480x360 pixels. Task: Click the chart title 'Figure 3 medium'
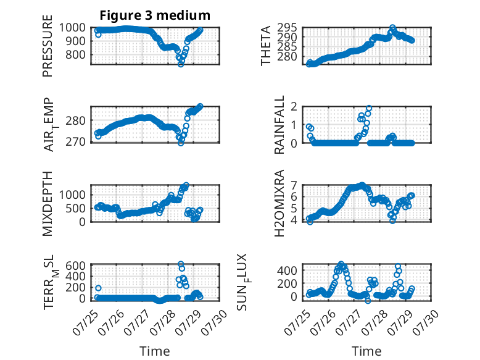[x=155, y=15]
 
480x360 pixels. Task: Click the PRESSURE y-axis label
[x=48, y=46]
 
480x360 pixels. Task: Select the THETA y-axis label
[x=266, y=46]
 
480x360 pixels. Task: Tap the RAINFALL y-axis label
[x=279, y=125]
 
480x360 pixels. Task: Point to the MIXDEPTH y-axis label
[x=48, y=204]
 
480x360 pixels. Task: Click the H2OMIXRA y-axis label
[x=279, y=203]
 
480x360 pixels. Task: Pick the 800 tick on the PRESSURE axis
[x=76, y=55]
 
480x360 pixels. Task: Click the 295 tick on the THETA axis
[x=287, y=28]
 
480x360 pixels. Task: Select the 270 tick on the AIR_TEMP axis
[x=76, y=142]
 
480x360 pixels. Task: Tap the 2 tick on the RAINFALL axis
[x=294, y=107]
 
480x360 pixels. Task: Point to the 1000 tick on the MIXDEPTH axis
[x=72, y=195]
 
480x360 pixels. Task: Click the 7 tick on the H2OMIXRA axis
[x=294, y=185]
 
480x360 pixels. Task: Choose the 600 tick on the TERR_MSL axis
[x=76, y=265]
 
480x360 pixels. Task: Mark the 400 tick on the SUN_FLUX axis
[x=287, y=270]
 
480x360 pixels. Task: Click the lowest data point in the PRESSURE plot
[x=181, y=64]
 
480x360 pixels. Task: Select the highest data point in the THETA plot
[x=392, y=28]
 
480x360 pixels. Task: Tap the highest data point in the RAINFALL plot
[x=369, y=108]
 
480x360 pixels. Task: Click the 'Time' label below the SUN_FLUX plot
[x=366, y=351]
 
